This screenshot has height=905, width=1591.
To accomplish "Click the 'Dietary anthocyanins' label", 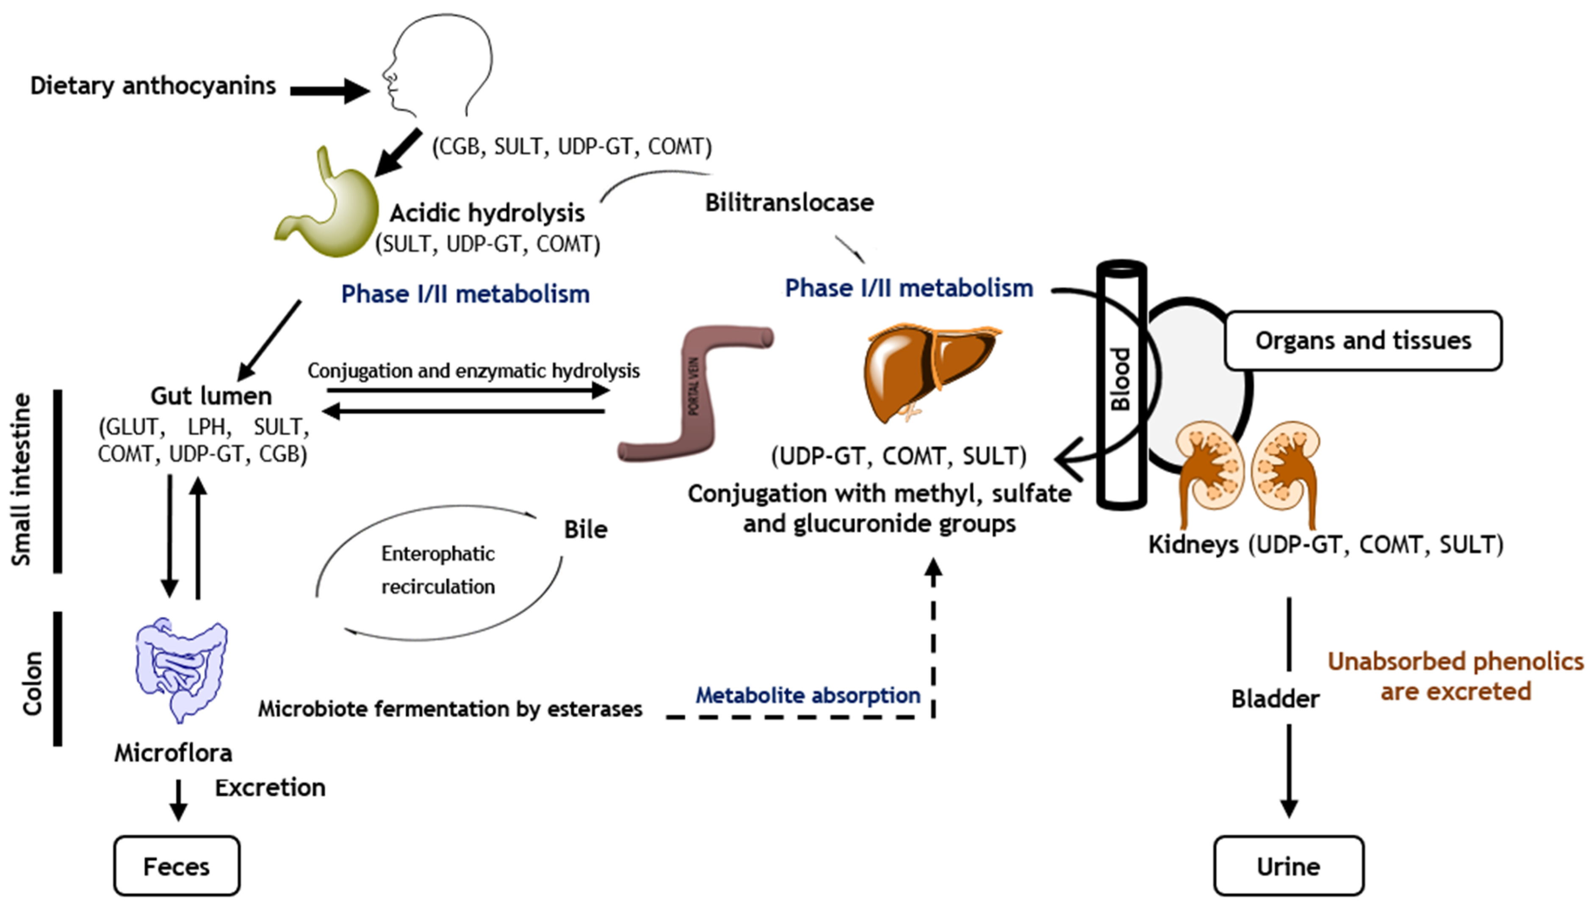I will tap(153, 86).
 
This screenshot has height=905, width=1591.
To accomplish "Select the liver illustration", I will tap(927, 373).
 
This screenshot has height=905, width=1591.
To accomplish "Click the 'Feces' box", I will tap(177, 866).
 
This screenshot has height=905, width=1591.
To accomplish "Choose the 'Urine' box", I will tap(1288, 866).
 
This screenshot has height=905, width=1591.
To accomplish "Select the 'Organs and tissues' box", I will tap(1363, 341).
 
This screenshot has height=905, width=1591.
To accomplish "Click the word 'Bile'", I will tap(585, 530).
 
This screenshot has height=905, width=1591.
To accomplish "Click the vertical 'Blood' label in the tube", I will tap(1121, 379).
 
